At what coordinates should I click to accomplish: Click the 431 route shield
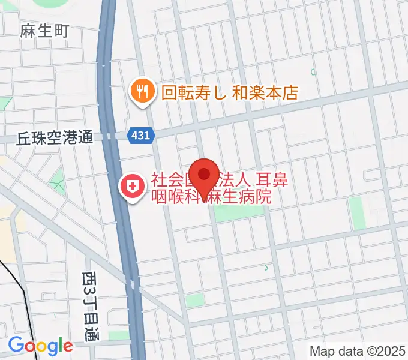point(141,136)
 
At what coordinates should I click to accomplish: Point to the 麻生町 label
point(45,30)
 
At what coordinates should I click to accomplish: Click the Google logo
point(40,346)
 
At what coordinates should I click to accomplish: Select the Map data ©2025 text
point(358,351)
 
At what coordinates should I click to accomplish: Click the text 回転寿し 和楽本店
point(229,92)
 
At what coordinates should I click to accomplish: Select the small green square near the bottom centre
point(193,300)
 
